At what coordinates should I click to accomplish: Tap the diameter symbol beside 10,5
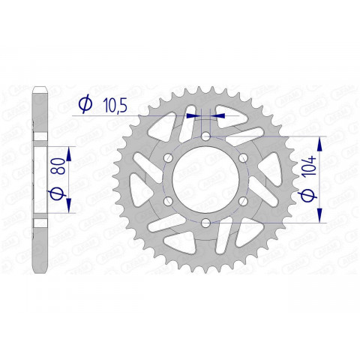(x=85, y=106)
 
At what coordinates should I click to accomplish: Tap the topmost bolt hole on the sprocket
(x=205, y=136)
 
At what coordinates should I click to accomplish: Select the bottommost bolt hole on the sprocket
(x=205, y=224)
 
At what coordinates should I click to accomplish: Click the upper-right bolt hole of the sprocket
(x=244, y=157)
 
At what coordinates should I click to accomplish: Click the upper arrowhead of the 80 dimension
(x=68, y=153)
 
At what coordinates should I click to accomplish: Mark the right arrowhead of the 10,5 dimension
(x=219, y=116)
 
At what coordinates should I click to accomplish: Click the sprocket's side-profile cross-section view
(x=42, y=180)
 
